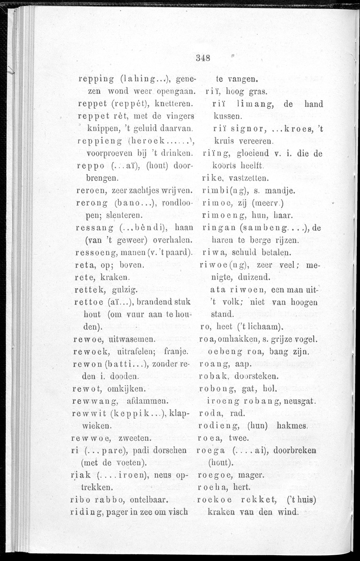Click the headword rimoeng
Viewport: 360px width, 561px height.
(x=219, y=216)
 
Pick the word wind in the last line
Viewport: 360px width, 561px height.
(x=288, y=513)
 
